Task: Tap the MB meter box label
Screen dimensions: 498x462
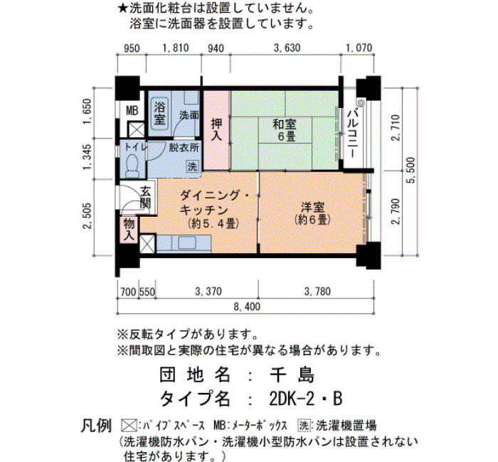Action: point(132,111)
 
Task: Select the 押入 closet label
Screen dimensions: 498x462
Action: point(216,130)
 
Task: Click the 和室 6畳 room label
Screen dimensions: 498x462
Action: point(285,130)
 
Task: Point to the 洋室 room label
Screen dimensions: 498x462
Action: point(312,213)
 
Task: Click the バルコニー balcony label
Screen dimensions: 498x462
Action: point(353,134)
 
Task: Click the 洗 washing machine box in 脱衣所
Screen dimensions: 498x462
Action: point(192,166)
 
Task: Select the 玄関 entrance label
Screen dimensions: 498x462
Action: point(145,198)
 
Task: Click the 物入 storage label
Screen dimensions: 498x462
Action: point(129,230)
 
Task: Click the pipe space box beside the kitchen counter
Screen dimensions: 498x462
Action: point(147,244)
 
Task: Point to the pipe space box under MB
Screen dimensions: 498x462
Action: point(136,129)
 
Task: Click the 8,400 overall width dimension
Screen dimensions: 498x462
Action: point(247,306)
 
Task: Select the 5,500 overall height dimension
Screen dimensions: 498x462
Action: point(412,171)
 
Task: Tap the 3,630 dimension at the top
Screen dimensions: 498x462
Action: point(287,48)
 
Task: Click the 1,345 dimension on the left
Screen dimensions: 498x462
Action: point(87,157)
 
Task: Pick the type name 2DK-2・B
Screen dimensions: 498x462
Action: point(305,399)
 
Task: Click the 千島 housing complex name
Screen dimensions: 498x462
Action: point(292,375)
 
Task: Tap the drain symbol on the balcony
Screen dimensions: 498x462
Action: point(361,103)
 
